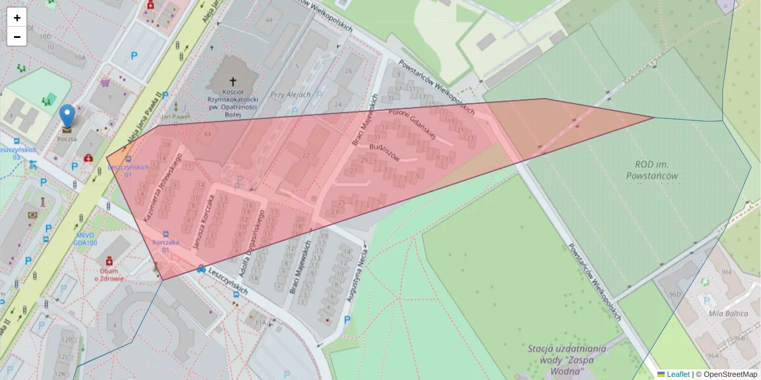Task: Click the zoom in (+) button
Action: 16,17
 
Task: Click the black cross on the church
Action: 233,81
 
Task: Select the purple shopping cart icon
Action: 105,82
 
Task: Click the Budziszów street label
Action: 384,153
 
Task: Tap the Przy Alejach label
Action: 290,94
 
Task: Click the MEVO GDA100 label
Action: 84,239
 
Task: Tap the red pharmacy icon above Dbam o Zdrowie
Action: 109,260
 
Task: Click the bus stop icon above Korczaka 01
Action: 166,234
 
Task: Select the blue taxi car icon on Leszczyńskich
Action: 201,269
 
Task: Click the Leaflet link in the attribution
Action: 678,374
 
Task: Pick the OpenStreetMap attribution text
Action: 729,374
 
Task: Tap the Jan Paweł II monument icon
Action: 176,106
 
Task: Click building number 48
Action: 270,20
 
